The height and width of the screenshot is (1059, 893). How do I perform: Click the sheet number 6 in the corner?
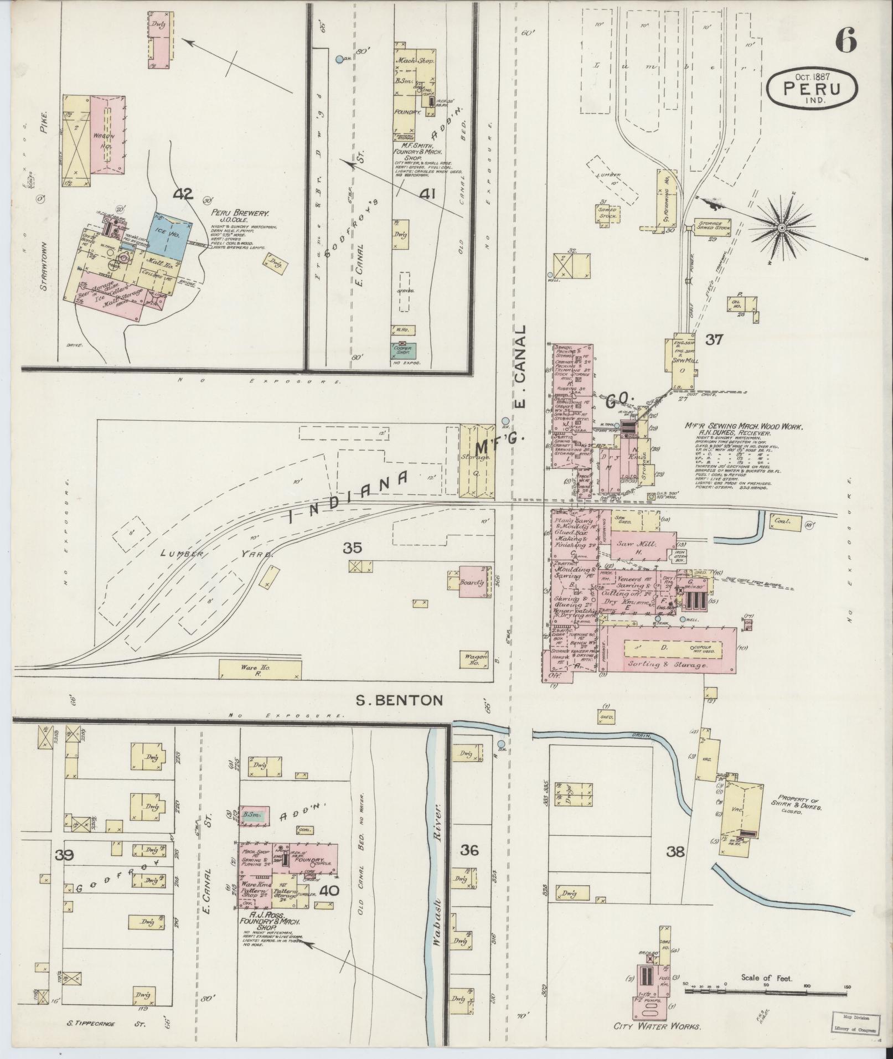pos(845,39)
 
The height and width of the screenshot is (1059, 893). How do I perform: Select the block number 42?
pos(182,194)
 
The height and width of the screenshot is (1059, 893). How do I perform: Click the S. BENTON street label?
pos(399,700)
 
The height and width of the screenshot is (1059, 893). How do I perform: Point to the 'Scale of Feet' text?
pos(766,978)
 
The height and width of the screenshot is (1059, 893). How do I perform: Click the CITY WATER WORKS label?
pos(657,1026)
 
